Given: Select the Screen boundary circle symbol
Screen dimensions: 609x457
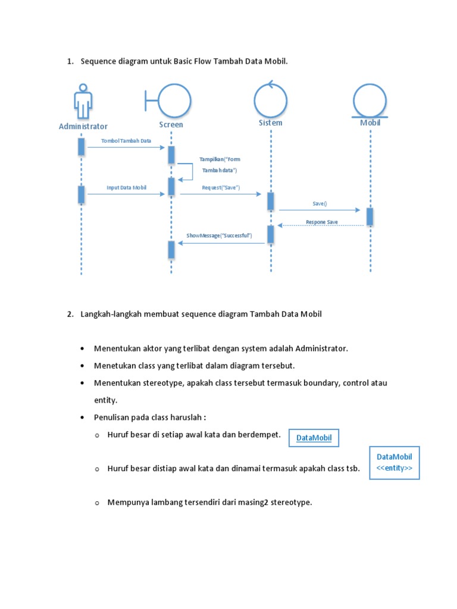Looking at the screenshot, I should [173, 101].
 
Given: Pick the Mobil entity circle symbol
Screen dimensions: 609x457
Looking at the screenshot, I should [370, 101].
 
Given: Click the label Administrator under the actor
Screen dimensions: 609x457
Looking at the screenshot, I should [83, 126].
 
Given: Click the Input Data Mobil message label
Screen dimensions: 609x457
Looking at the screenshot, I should [126, 187].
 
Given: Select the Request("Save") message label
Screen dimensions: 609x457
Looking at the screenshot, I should [220, 187].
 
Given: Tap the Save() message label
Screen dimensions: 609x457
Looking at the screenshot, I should [320, 203].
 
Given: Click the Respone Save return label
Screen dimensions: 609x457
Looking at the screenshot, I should [322, 222].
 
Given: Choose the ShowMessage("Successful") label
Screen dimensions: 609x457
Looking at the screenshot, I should [219, 236].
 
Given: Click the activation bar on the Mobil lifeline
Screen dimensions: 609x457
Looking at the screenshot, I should [370, 216].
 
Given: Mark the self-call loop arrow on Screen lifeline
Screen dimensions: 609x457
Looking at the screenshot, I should [187, 171].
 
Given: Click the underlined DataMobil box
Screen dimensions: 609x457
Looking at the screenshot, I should [313, 439].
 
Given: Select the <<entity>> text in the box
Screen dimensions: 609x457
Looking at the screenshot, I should [394, 468].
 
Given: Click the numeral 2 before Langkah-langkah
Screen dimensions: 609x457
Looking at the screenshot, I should [70, 314].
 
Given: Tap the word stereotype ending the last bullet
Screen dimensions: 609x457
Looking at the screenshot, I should [291, 503].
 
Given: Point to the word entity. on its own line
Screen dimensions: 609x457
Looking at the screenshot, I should [105, 400].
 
